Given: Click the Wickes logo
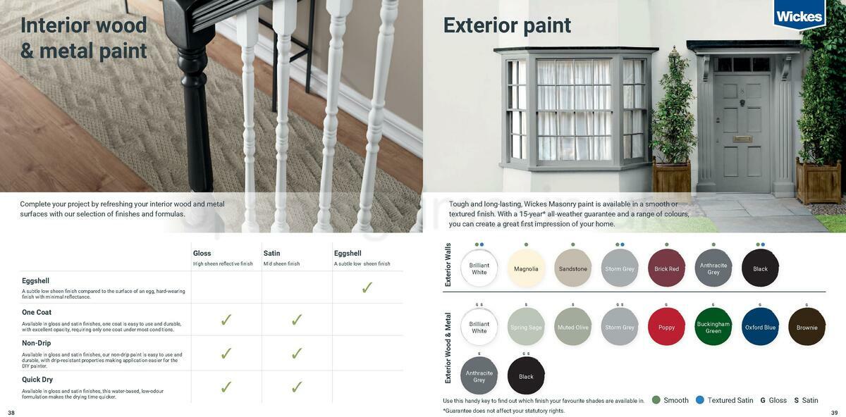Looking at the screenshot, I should (x=799, y=15).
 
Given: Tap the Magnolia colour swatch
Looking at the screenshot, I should (x=526, y=268).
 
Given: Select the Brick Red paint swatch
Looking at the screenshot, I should (x=666, y=268).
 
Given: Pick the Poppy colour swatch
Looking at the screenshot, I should (x=666, y=327).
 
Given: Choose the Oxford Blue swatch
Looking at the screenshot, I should (x=760, y=327).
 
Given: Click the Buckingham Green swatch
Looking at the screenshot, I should (x=713, y=327).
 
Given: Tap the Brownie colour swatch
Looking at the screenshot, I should (x=807, y=327).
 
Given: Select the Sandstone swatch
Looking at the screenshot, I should (x=572, y=268).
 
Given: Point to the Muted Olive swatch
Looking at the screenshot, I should (x=572, y=327).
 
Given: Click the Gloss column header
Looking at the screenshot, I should (x=202, y=254).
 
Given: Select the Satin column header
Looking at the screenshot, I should (x=272, y=254).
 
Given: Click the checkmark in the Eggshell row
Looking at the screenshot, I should (x=367, y=287).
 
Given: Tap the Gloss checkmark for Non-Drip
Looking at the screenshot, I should (x=226, y=354).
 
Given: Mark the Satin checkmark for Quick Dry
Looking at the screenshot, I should (x=297, y=387).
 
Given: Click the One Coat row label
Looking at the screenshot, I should (x=37, y=312).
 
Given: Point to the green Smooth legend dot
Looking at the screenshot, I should (x=656, y=400).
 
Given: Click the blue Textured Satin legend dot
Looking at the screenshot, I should (x=700, y=400).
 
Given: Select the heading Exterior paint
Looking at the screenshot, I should (x=507, y=25).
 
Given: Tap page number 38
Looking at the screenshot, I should (x=11, y=413).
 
